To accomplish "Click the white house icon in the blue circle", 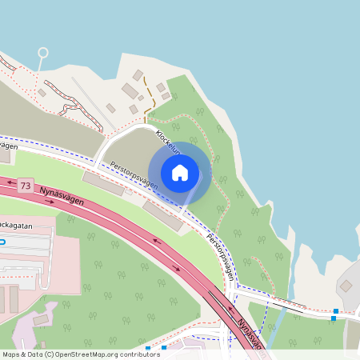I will [x=180, y=173].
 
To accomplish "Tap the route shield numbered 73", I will [x=26, y=186].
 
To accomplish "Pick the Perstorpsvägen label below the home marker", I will [x=221, y=255].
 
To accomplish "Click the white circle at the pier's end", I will [x=42, y=53].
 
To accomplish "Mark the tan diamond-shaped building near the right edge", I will [x=347, y=285].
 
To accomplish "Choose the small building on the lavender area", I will [x=41, y=320].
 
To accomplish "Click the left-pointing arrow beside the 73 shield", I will [x=10, y=183].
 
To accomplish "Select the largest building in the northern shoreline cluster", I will [x=130, y=90].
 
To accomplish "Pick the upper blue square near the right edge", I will [x=336, y=310].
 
